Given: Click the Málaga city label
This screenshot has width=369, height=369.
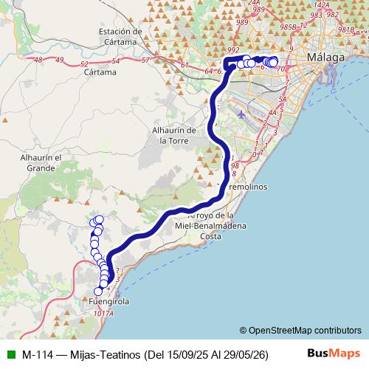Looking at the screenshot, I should pyautogui.click(x=325, y=58).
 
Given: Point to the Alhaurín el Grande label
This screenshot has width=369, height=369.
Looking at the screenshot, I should pyautogui.click(x=37, y=163).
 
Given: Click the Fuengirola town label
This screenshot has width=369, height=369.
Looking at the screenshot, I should pyautogui.click(x=108, y=302).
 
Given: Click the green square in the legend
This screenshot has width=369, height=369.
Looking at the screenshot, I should pyautogui.click(x=10, y=354).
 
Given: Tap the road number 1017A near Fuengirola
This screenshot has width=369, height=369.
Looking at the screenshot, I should pyautogui.click(x=105, y=313).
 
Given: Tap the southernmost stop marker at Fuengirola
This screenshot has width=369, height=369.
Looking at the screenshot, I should pyautogui.click(x=98, y=291).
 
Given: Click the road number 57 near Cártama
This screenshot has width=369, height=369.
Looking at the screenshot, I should pyautogui.click(x=145, y=60).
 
